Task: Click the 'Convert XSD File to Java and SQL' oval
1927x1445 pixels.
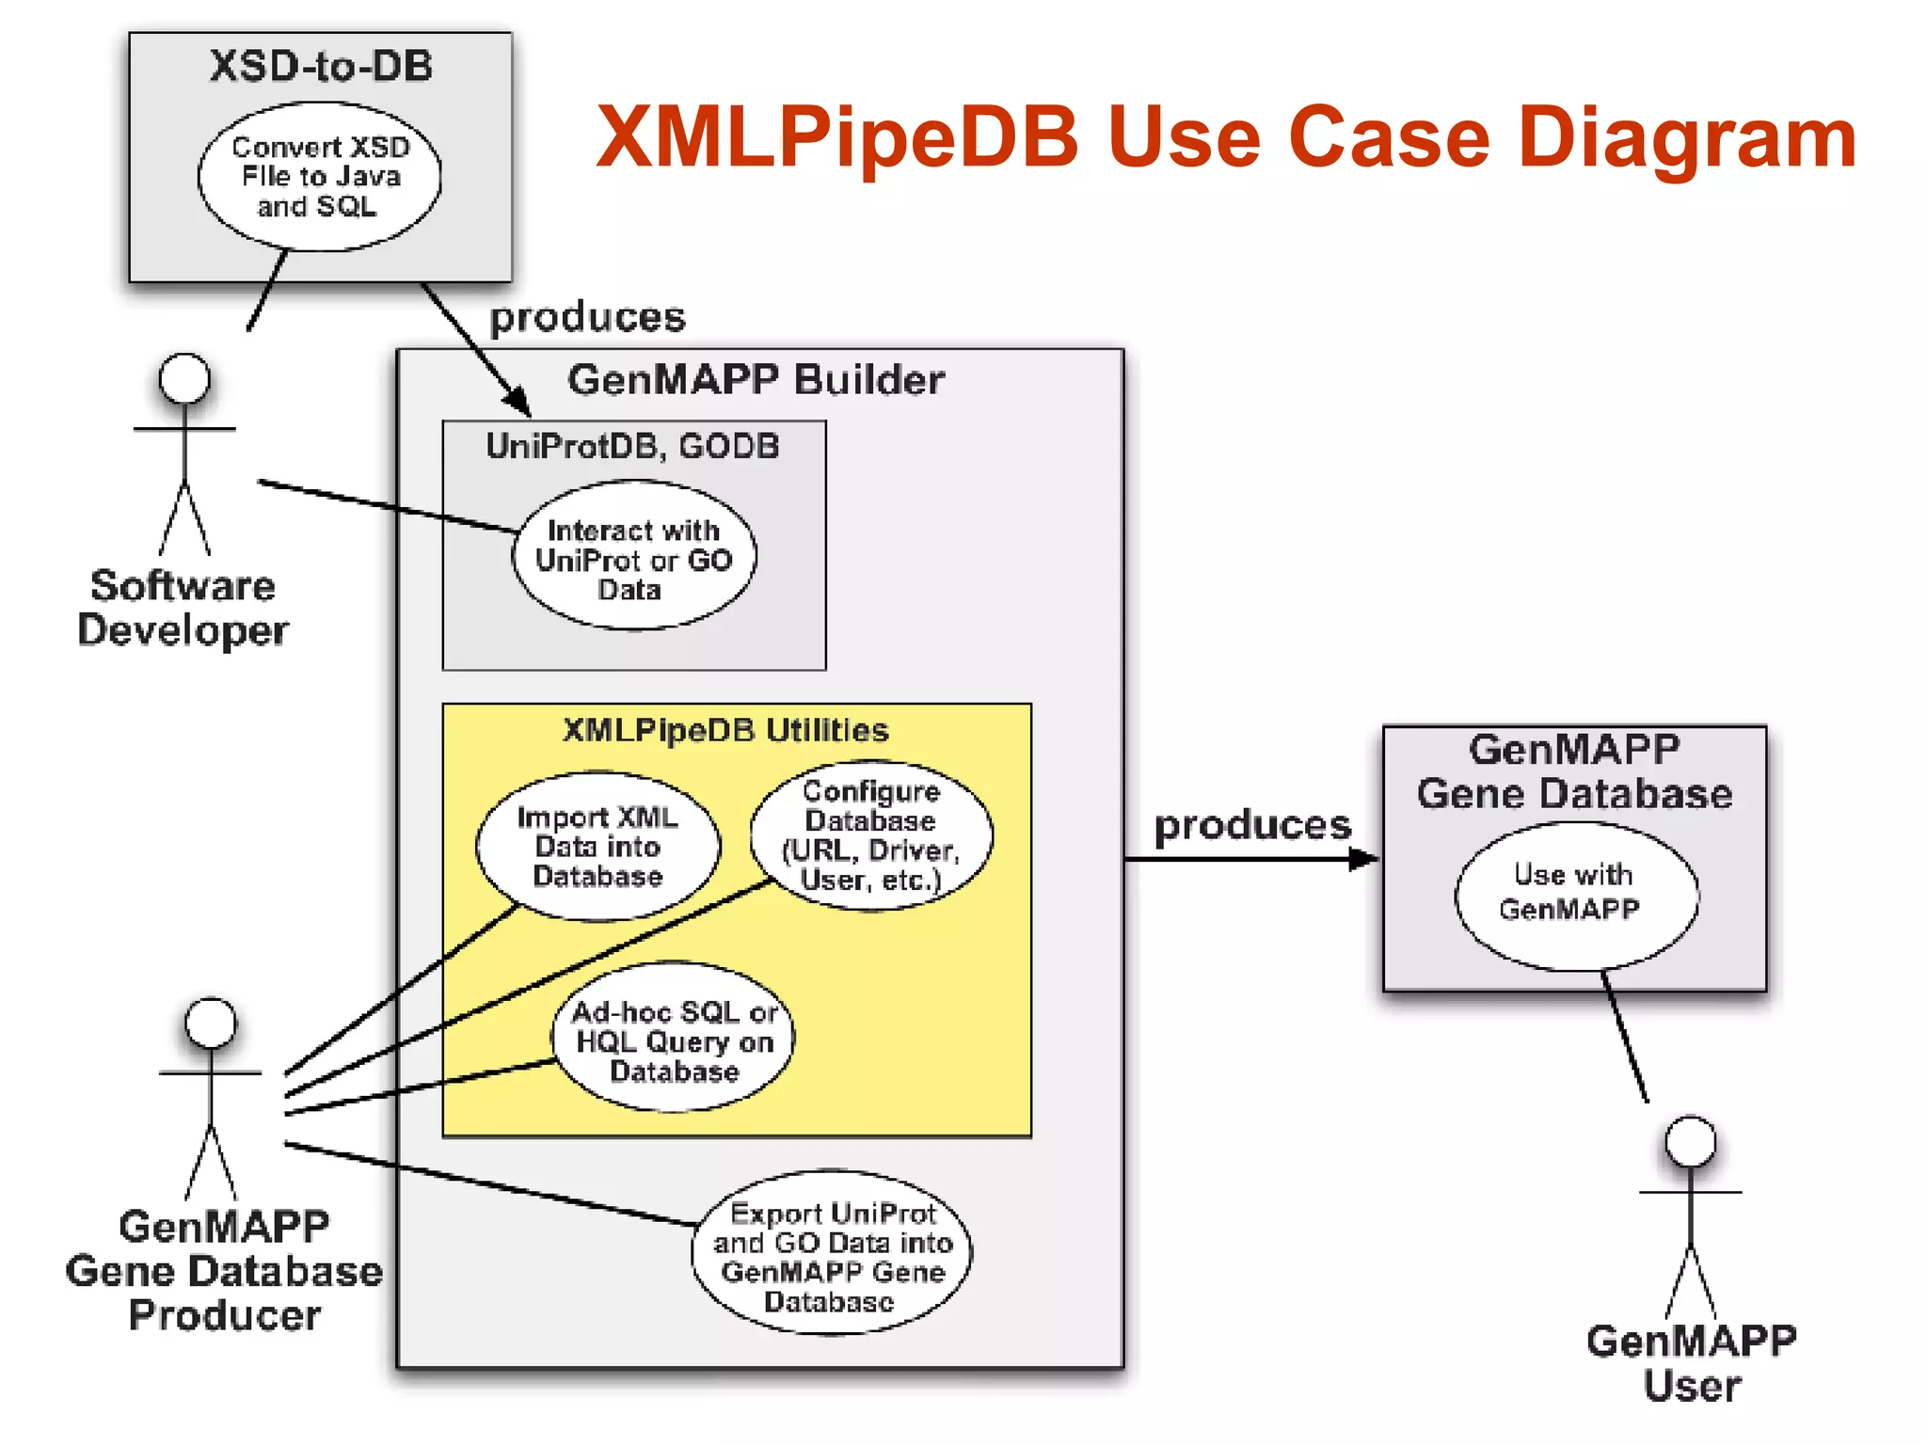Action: coord(319,177)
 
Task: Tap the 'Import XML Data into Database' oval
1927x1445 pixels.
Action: coord(597,846)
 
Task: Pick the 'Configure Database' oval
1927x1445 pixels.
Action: coord(871,835)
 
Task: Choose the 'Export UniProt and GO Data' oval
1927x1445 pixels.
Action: coord(832,1254)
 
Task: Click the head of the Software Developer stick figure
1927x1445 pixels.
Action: coord(184,378)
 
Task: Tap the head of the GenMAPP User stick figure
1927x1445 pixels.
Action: coord(1690,1142)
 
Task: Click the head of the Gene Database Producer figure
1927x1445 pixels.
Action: coord(211,1024)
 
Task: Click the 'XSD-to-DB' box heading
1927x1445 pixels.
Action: coord(320,66)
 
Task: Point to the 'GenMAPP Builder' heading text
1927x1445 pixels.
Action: coord(756,380)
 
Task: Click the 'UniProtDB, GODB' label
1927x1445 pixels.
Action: coord(632,446)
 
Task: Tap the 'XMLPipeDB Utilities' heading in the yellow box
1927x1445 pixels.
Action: coord(725,730)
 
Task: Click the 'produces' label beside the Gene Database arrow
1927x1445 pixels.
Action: coord(1251,825)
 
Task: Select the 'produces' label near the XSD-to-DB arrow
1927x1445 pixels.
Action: coord(587,317)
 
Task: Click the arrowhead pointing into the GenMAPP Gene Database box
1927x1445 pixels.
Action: coord(1363,859)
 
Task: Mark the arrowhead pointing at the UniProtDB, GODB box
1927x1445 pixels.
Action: coord(518,403)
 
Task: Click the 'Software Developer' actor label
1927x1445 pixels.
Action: coord(183,608)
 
